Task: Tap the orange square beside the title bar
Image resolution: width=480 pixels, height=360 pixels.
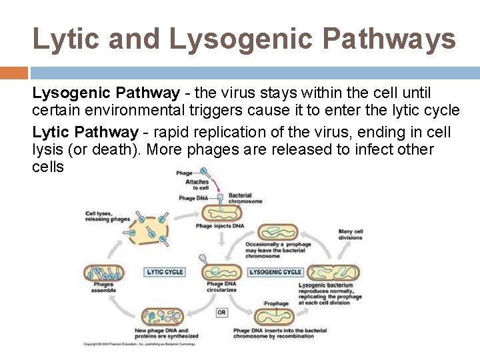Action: (x=13, y=73)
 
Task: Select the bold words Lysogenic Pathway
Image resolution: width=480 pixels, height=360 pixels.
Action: (x=106, y=93)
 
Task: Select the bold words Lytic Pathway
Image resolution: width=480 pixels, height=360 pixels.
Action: (x=85, y=132)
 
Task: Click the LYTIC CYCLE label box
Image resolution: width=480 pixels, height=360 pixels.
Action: (x=165, y=272)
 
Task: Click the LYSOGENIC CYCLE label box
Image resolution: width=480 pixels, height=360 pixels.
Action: (x=275, y=272)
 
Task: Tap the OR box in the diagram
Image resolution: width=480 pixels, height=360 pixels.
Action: (x=221, y=312)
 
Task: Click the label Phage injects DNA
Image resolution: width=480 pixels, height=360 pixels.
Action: (x=220, y=226)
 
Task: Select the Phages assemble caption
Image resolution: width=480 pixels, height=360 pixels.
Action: (x=103, y=287)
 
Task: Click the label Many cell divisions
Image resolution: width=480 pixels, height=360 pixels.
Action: (x=351, y=235)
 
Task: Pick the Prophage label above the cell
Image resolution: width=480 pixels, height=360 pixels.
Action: (x=277, y=303)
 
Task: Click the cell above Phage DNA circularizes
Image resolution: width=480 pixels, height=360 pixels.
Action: (x=221, y=271)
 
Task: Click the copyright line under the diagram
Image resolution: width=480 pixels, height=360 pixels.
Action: (x=141, y=344)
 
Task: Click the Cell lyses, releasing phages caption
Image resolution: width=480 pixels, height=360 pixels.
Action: (x=107, y=216)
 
